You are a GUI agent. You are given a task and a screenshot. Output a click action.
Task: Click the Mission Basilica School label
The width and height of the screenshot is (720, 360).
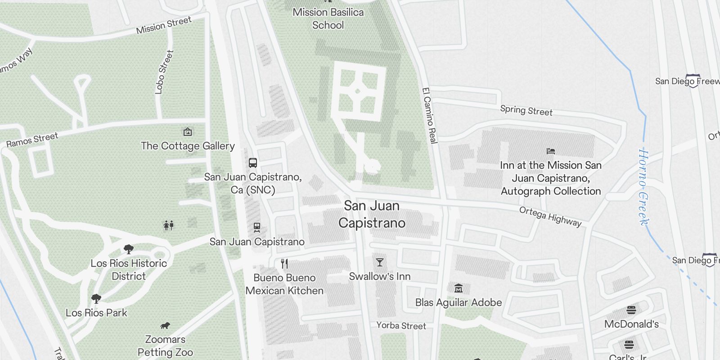coord(328,18)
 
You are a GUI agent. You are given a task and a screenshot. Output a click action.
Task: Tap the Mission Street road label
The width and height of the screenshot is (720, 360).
coord(164,25)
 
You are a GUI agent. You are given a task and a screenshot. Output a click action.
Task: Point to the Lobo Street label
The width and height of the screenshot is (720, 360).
coord(164,72)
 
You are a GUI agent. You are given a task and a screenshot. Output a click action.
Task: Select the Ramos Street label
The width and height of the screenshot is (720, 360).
coord(32,140)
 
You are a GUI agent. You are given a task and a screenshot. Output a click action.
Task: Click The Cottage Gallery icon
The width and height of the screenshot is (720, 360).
coord(188,132)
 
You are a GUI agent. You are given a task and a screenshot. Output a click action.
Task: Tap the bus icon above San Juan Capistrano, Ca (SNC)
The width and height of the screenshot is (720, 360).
coord(253,163)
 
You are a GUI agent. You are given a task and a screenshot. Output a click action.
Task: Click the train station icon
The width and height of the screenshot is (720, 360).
coord(257,228)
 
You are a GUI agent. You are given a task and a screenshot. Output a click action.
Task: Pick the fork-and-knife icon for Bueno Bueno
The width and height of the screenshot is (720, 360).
coord(284,264)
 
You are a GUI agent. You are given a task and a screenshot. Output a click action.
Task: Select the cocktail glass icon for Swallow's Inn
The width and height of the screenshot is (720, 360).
coord(380,262)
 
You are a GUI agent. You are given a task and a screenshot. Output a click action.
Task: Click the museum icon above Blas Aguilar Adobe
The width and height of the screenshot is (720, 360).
coord(459,288)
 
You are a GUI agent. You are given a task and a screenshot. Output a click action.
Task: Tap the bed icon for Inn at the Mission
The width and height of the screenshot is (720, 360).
coord(551,151)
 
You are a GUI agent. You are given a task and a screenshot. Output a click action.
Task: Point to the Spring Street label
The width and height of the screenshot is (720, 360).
coord(526,110)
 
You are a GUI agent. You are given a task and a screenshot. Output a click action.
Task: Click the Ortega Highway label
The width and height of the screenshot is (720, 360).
coord(550,216)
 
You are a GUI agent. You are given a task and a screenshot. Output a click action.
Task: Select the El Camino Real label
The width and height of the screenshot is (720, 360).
coord(430,115)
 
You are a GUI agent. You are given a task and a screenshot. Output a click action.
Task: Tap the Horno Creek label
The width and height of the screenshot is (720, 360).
coord(644,187)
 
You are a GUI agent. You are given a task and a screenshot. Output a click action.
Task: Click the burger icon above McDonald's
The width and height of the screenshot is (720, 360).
coord(631,310)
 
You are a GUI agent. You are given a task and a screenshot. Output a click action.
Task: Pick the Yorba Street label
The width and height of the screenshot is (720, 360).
coord(401,325)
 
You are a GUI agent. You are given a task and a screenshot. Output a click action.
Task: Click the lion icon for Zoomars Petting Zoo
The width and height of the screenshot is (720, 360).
coord(165,325)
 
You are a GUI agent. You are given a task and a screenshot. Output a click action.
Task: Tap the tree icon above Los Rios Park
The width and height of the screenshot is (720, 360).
coord(96,298)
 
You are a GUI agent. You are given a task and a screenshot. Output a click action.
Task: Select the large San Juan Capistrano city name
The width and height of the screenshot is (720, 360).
coord(372,214)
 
